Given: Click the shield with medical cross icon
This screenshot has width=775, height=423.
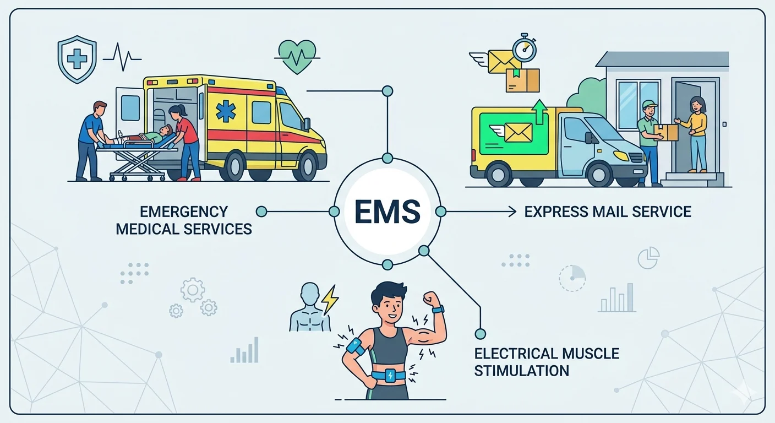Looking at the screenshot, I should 77,59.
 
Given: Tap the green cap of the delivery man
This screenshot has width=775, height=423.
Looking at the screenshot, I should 649,105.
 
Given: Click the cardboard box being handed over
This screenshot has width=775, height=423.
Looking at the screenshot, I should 668,132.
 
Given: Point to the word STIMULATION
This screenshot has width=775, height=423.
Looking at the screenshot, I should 521,371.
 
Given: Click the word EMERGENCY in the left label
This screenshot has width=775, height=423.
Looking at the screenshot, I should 183,211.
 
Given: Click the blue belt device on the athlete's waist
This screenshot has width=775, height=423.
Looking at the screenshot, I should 390,376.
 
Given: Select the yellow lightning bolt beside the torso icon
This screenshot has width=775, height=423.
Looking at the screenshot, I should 330,300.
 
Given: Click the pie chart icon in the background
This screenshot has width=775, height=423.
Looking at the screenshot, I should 648,258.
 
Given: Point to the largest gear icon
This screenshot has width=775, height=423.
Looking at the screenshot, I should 193,290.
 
